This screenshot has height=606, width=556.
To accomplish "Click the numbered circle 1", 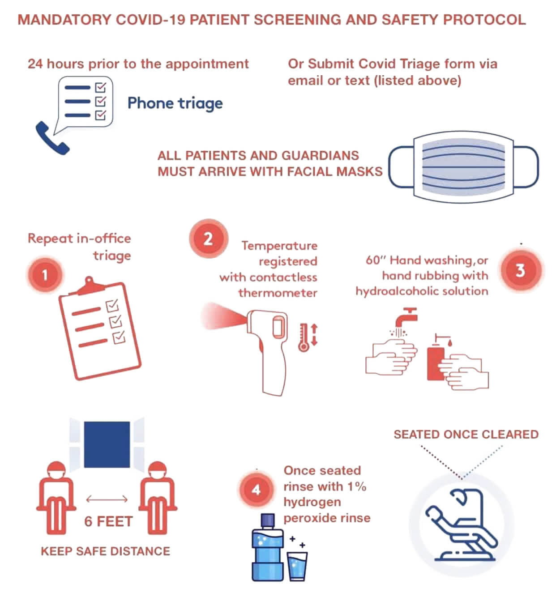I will click(x=45, y=274).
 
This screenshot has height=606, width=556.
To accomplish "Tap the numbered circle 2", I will click(x=208, y=239).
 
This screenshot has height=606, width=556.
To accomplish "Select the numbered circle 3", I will click(x=520, y=270).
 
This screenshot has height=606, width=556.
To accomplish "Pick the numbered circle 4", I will click(x=256, y=490).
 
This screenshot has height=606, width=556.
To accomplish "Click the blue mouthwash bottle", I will click(x=267, y=551).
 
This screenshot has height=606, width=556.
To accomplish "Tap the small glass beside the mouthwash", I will click(x=297, y=566).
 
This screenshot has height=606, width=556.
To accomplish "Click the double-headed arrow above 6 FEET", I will click(x=107, y=499).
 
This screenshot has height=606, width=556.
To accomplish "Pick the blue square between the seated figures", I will click(x=107, y=444).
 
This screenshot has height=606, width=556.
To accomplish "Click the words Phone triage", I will click(x=175, y=103).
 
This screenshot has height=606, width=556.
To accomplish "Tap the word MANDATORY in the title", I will click(x=64, y=20).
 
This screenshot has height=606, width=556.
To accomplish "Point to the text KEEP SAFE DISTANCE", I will click(x=105, y=551).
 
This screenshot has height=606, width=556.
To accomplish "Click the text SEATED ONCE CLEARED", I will click(x=466, y=435).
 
